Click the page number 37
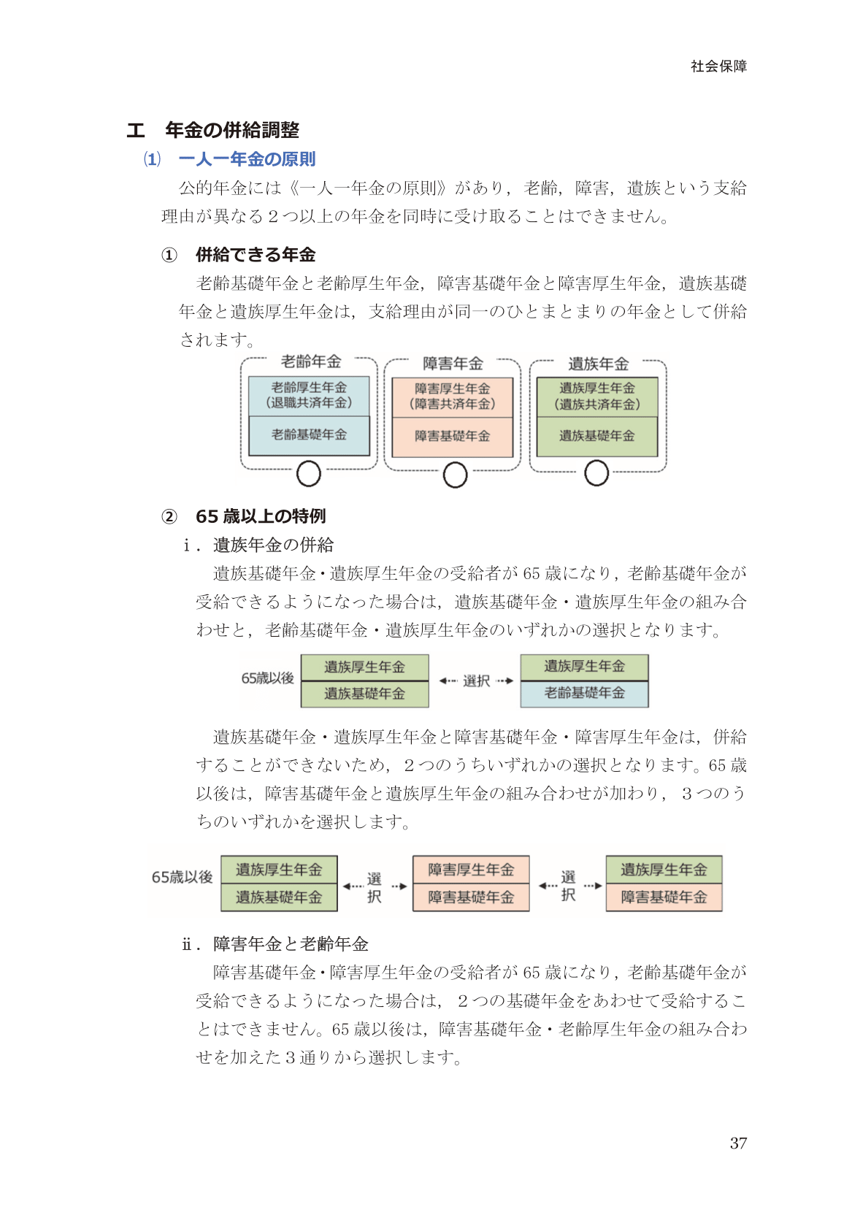tap(738, 1143)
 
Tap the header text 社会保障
tap(718, 66)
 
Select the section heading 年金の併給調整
tap(231, 130)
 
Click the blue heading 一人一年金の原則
tap(247, 159)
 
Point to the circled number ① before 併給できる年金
tap(169, 255)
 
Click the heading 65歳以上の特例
tap(260, 516)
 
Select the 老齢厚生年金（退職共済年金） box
tap(309, 396)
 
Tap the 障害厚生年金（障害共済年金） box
tap(453, 396)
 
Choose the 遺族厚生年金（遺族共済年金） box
tap(597, 396)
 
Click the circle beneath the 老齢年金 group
tap(309, 474)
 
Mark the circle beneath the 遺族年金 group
tap(596, 473)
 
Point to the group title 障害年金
tap(453, 364)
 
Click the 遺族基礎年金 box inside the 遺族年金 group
tap(597, 436)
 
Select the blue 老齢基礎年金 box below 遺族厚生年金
tap(584, 693)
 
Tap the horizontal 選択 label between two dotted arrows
tap(476, 681)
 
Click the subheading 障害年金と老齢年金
tap(291, 944)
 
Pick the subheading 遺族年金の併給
tap(273, 545)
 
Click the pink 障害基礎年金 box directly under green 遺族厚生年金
tap(664, 897)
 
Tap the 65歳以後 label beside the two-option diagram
tap(267, 678)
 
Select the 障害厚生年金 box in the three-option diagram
tap(471, 870)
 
